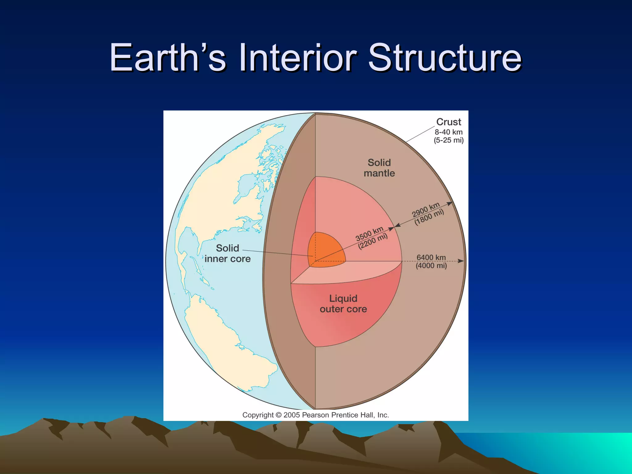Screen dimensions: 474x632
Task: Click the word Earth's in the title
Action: coord(168,58)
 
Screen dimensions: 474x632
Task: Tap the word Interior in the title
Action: coord(297,58)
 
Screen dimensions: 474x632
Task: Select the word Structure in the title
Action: coord(444,58)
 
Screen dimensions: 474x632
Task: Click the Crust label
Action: coord(448,122)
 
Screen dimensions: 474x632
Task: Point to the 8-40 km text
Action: coord(448,132)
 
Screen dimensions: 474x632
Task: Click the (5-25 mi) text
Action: coord(448,140)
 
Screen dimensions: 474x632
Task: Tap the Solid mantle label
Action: coord(379,168)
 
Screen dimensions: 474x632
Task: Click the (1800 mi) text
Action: coord(429,217)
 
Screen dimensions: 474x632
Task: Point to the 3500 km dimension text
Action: coord(369,234)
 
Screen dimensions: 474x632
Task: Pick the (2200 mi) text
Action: coord(372,241)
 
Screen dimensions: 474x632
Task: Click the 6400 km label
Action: coord(431,257)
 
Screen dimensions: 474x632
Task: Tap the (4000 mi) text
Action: coord(431,266)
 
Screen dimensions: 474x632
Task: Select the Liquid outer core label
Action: coord(343,304)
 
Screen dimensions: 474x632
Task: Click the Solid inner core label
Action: coord(227,253)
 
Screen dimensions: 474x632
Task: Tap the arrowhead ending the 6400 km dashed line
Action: coord(461,261)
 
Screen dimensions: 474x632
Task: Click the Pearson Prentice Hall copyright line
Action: coord(315,415)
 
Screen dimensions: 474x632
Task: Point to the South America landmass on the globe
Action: coord(228,339)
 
